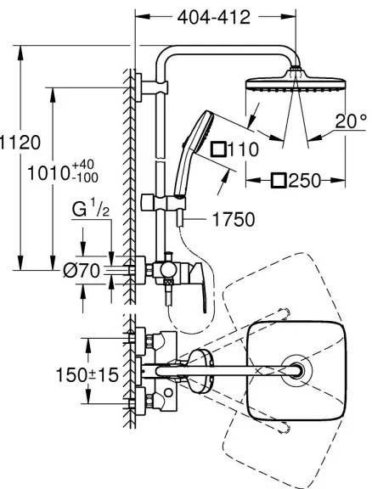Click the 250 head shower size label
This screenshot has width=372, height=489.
[307, 180]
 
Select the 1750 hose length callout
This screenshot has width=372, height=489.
[232, 220]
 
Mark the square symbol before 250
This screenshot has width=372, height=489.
[277, 180]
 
